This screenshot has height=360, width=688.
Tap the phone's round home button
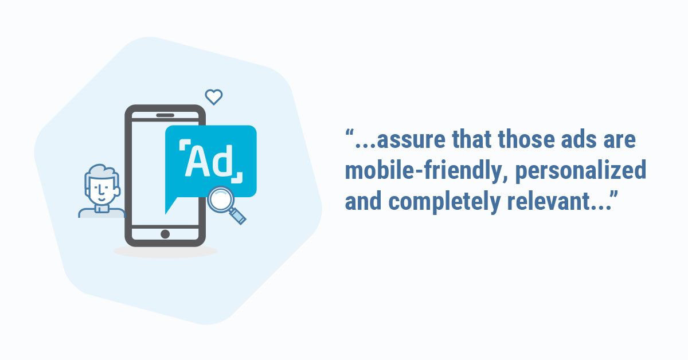coord(165,234)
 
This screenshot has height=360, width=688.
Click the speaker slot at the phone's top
coord(165,115)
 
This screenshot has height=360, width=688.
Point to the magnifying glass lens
coord(221,199)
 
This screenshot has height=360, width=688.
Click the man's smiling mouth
coord(102,199)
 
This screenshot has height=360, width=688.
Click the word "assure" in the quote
coord(411,140)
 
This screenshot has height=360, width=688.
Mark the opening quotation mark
coord(349,133)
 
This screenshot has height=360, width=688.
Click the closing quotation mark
coord(614,195)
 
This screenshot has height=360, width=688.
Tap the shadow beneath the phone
coord(165,251)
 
